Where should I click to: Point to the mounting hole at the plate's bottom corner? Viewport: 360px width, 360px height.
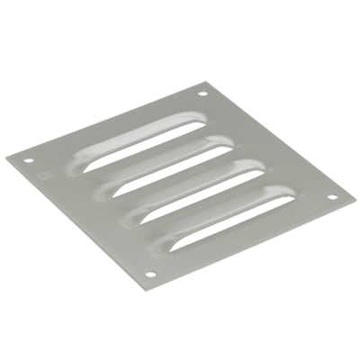click(150, 275)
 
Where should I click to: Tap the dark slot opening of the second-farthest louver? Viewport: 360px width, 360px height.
click(162, 166)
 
